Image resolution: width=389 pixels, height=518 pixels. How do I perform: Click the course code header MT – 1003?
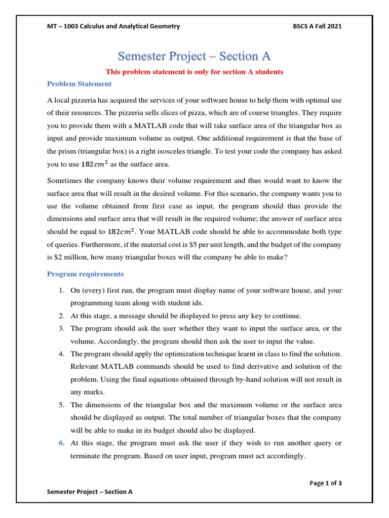tap(66, 26)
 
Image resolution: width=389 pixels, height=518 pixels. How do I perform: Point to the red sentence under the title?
tap(194, 72)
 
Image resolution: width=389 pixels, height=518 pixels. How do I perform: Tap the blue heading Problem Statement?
tap(79, 84)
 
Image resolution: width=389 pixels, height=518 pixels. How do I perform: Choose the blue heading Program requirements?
tap(85, 274)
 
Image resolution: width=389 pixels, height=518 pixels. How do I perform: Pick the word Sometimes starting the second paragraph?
tap(64, 180)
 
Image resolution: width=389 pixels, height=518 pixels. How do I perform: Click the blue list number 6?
tap(60, 443)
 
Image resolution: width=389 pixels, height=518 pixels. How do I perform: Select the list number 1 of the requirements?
tap(60, 290)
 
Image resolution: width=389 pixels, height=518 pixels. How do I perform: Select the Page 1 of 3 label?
tap(325, 483)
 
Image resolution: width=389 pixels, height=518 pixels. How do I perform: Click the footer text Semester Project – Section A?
tap(90, 491)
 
